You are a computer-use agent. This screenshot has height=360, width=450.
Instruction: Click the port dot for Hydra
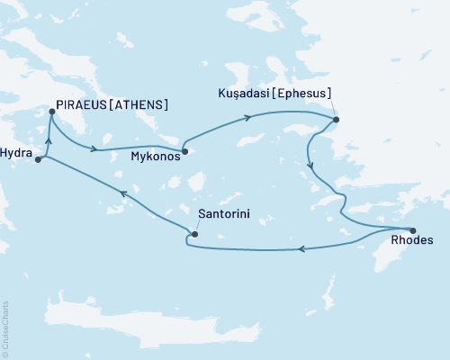[x=38, y=160]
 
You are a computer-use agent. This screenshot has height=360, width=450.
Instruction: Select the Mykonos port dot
[x=184, y=151]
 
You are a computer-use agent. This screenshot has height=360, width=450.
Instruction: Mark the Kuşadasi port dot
[x=336, y=120]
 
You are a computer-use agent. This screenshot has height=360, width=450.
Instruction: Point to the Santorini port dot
[x=194, y=235]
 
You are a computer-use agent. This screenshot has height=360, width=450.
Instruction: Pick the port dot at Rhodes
[x=412, y=229]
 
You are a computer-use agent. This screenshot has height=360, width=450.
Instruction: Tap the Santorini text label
[x=224, y=216]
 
